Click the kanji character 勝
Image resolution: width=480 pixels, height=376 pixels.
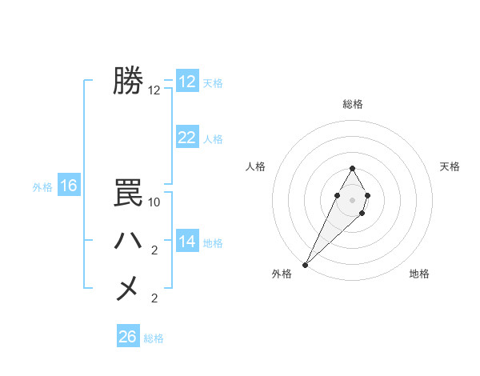click(x=128, y=81)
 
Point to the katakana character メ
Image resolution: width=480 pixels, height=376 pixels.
click(x=128, y=288)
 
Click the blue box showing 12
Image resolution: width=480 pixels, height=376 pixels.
click(x=187, y=82)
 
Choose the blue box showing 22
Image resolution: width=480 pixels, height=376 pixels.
click(x=187, y=138)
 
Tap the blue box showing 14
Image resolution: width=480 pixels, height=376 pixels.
click(x=187, y=242)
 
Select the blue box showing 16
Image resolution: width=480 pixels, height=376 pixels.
click(x=69, y=186)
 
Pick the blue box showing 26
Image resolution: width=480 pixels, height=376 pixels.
click(x=128, y=337)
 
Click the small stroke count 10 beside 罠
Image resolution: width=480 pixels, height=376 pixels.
click(x=154, y=202)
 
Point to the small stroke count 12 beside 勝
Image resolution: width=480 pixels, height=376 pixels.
click(x=154, y=90)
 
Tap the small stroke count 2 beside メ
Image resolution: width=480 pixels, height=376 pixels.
click(x=154, y=298)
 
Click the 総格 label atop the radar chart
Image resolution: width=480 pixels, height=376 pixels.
click(x=352, y=104)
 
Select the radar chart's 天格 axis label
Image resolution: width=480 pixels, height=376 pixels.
click(x=450, y=166)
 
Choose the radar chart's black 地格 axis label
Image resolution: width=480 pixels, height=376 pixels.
click(x=419, y=274)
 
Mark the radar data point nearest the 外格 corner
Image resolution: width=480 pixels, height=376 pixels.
click(x=306, y=264)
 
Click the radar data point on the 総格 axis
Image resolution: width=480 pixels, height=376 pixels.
click(x=352, y=169)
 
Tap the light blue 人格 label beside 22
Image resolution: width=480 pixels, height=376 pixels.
click(x=213, y=139)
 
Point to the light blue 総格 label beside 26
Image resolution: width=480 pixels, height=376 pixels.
click(x=154, y=338)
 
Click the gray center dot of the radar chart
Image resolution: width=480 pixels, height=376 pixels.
click(x=352, y=199)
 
